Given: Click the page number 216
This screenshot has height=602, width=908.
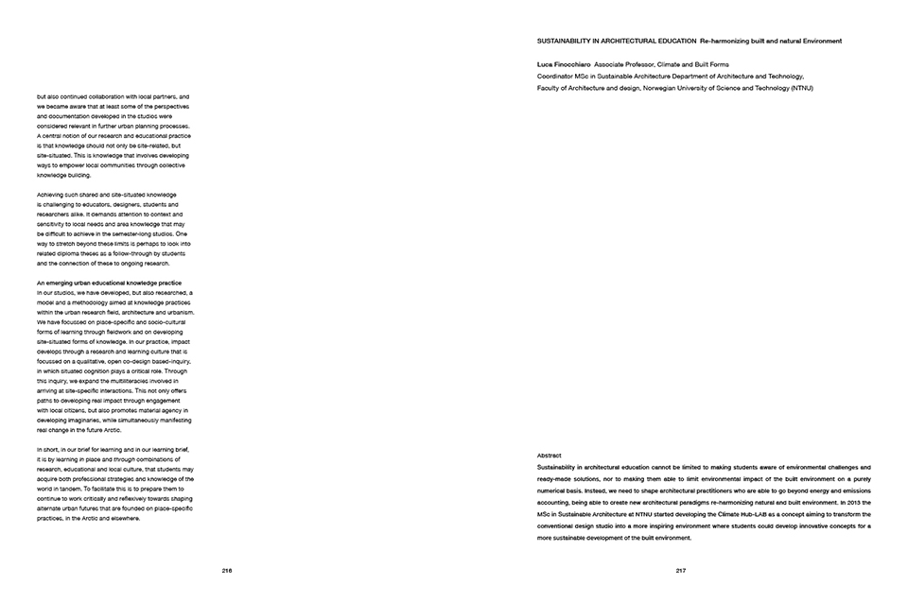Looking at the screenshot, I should (x=227, y=570).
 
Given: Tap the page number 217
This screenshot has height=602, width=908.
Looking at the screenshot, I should (x=680, y=570).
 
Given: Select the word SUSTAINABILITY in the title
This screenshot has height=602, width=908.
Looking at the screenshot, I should (x=566, y=42).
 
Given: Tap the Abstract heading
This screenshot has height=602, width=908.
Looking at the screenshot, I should (x=549, y=456).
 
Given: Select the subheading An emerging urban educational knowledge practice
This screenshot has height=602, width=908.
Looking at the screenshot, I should (x=114, y=284).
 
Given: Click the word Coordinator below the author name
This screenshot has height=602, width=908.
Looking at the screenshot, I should (x=557, y=77).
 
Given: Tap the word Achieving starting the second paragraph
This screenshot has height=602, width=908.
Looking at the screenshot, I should (x=53, y=195).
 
